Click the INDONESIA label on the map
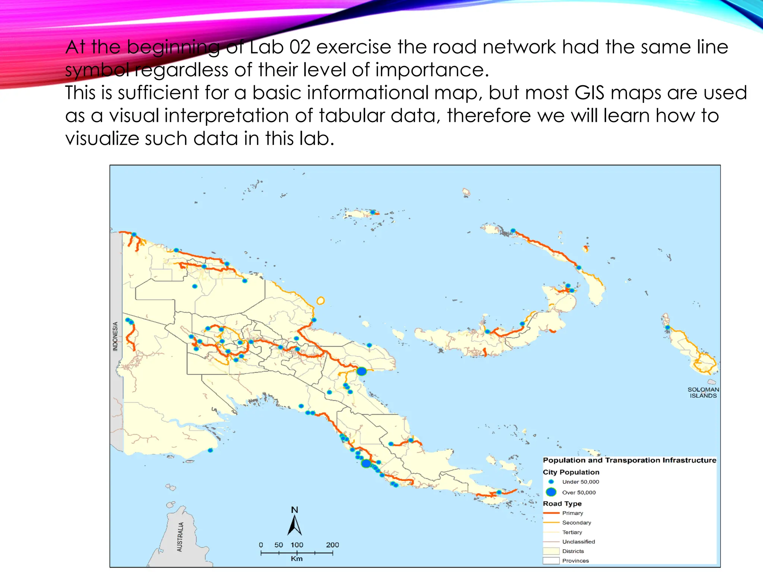115,336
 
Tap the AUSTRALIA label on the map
180,537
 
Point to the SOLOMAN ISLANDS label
703,393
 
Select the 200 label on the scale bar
332,545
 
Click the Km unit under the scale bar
297,559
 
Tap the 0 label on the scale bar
261,545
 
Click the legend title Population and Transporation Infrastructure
629,460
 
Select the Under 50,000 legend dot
551,482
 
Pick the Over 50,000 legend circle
551,492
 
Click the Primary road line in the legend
551,513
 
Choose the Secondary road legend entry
576,522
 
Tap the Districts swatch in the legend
551,551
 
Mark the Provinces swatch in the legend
551,560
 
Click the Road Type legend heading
562,503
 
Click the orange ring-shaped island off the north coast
320,301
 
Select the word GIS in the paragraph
589,93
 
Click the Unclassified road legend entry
578,541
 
